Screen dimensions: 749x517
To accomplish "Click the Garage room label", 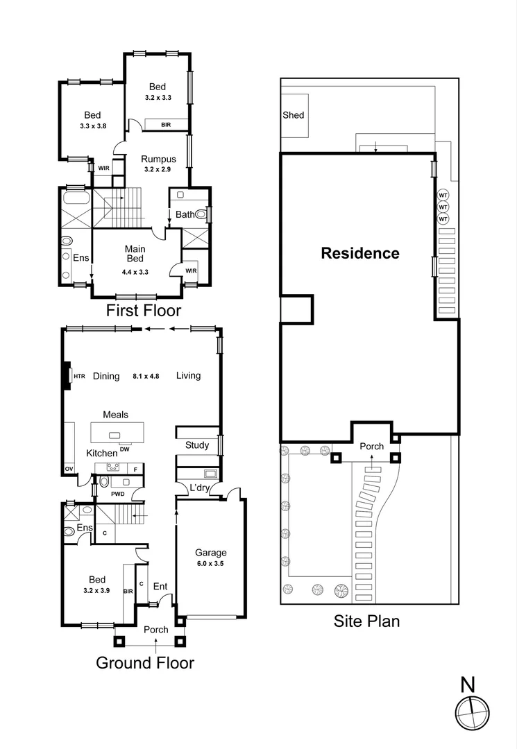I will pyautogui.click(x=210, y=553).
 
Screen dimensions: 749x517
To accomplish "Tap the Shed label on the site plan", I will pyautogui.click(x=293, y=114).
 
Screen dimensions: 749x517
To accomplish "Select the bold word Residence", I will pyautogui.click(x=359, y=254).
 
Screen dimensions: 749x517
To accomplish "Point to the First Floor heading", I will pyautogui.click(x=143, y=310).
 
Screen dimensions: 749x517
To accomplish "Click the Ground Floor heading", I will pyautogui.click(x=144, y=663).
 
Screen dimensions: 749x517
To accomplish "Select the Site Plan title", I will pyautogui.click(x=366, y=621).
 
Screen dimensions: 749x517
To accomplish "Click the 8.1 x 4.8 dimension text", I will pyautogui.click(x=146, y=376).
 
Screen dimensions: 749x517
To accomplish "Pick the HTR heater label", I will pyautogui.click(x=79, y=376).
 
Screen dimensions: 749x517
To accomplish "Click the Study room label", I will pyautogui.click(x=197, y=445).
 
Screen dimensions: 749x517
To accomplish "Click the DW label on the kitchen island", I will pyautogui.click(x=125, y=449).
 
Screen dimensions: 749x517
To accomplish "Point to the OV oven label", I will pyautogui.click(x=69, y=470).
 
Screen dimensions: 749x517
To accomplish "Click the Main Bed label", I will pyautogui.click(x=134, y=253).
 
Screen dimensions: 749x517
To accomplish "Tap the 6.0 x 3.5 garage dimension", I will pyautogui.click(x=210, y=565).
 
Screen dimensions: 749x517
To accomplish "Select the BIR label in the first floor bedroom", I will pyautogui.click(x=166, y=126).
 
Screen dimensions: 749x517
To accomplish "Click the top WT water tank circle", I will pyautogui.click(x=443, y=196).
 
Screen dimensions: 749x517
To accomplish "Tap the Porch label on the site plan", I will pyautogui.click(x=371, y=447).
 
